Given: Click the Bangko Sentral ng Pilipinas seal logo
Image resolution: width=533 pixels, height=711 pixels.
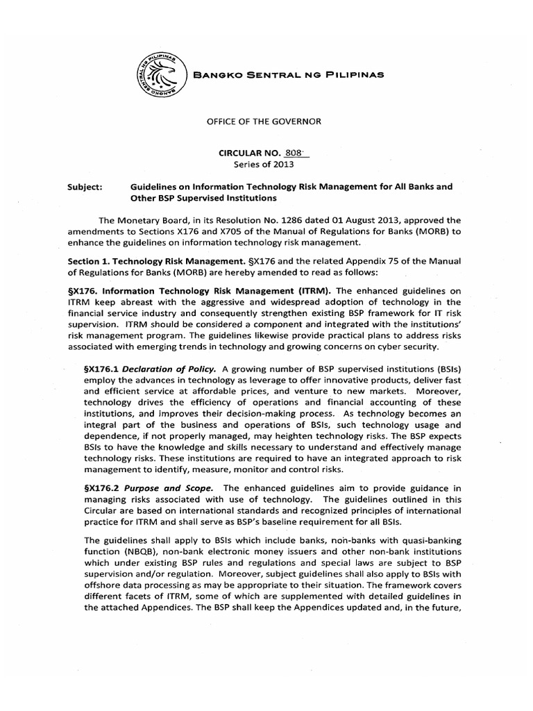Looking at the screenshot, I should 160,75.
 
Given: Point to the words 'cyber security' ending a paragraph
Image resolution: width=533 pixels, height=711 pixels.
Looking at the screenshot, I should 419,346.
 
